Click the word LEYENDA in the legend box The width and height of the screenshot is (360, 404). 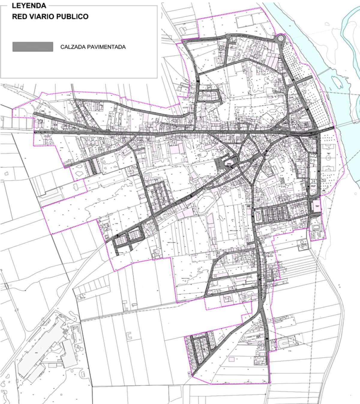(x=29, y=6)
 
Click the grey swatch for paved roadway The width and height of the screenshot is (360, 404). (x=33, y=47)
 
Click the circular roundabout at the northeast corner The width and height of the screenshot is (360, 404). (x=280, y=38)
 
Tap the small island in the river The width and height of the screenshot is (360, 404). (x=336, y=82)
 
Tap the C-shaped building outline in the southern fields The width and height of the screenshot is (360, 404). (x=129, y=336)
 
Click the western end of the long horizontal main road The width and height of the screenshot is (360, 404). (x=35, y=132)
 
